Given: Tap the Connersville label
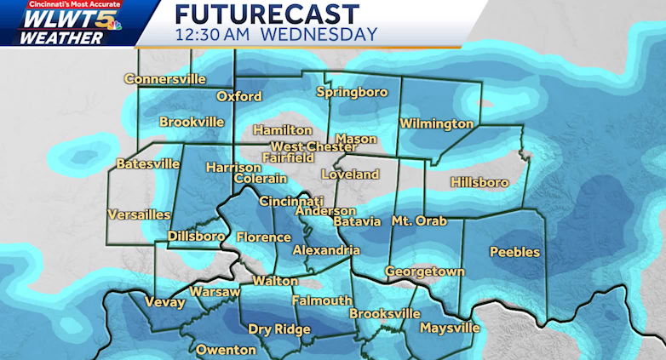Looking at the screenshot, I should [x=165, y=79].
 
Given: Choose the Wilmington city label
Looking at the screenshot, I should [x=436, y=123].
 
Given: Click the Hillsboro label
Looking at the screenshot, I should [x=479, y=182].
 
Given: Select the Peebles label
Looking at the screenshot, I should [x=514, y=252].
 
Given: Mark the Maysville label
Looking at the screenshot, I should [x=450, y=328].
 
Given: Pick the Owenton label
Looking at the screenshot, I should [x=226, y=350].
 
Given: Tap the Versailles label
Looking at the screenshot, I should [x=139, y=214].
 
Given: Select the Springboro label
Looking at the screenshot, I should [x=352, y=92].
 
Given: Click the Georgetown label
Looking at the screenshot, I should [x=425, y=271].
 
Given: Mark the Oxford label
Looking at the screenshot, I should [x=238, y=96].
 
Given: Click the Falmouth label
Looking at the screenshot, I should [x=321, y=300].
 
